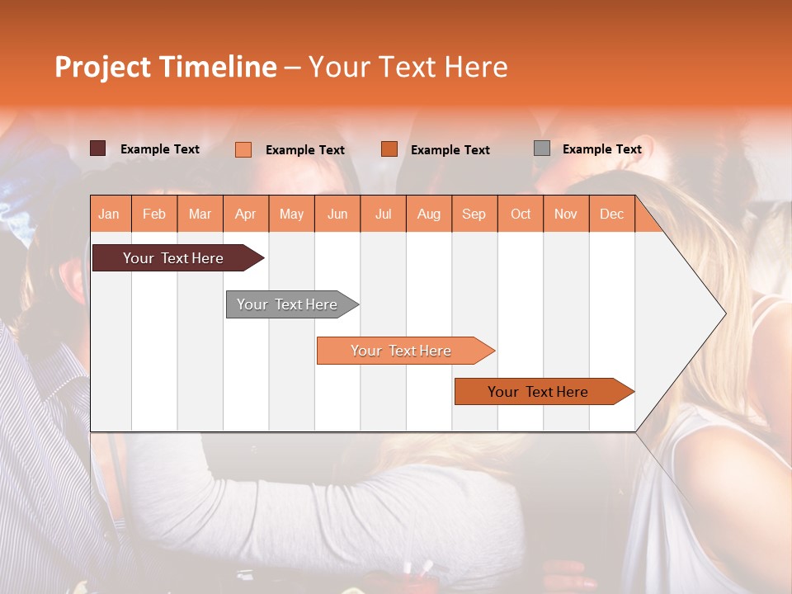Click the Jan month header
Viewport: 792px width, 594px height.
(x=110, y=214)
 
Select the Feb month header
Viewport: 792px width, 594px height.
(x=154, y=214)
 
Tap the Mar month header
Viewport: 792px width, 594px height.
(x=200, y=214)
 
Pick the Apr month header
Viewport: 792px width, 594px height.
(x=246, y=214)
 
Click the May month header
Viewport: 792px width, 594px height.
(x=291, y=214)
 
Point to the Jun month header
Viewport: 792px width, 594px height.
(x=337, y=214)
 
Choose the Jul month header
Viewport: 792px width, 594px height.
(x=383, y=214)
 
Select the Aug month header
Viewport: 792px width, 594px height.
(x=429, y=214)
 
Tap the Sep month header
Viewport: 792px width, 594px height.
(x=474, y=214)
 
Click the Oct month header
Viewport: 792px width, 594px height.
(x=521, y=214)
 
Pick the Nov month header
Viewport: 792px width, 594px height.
(x=566, y=214)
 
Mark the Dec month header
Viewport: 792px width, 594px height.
(x=612, y=214)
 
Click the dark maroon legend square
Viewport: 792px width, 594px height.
(x=97, y=148)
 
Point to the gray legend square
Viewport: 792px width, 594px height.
(x=541, y=148)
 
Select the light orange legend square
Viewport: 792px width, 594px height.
(x=243, y=149)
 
